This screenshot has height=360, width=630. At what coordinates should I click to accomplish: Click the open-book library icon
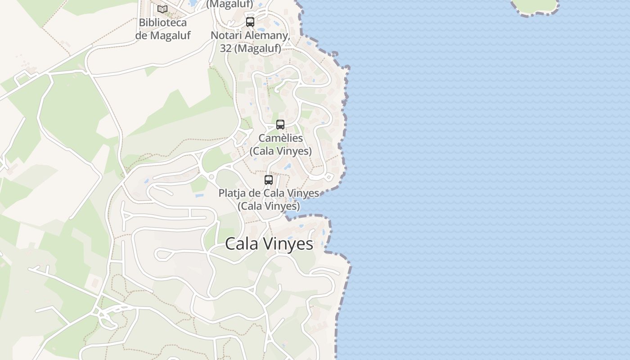(x=162, y=9)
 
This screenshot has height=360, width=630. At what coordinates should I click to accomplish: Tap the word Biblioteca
(x=162, y=22)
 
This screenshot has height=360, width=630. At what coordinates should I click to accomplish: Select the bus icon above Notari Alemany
(x=250, y=22)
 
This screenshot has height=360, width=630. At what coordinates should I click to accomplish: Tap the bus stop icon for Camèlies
(x=280, y=125)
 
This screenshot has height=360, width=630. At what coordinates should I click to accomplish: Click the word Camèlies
(x=281, y=138)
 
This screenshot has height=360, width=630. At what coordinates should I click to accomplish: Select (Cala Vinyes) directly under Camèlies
(x=281, y=151)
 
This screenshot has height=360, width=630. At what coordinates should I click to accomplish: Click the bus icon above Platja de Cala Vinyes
(x=269, y=180)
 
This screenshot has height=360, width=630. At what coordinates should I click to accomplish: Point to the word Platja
(x=233, y=193)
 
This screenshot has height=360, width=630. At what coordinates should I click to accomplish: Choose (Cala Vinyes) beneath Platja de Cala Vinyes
(x=269, y=206)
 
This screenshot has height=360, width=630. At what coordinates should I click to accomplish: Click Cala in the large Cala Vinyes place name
(x=241, y=244)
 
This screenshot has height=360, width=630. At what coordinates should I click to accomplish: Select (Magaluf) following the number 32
(x=257, y=48)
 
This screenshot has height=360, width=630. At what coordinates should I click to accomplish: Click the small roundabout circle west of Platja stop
(x=211, y=177)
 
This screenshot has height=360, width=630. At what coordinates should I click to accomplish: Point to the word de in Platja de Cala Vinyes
(x=256, y=193)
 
